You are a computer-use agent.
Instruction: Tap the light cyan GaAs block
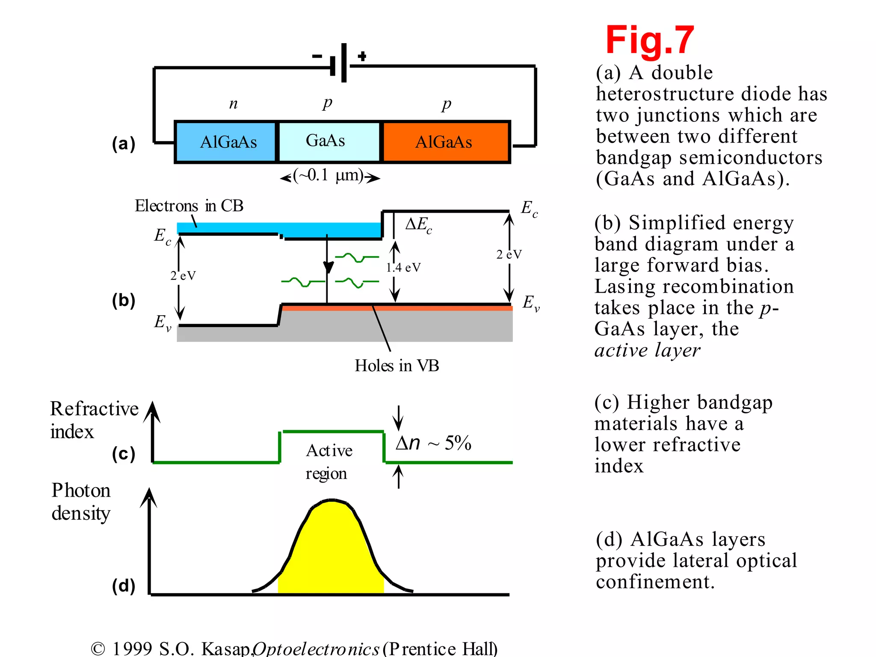click(328, 142)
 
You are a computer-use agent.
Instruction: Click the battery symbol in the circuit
click(339, 63)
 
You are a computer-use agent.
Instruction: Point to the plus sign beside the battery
click(362, 56)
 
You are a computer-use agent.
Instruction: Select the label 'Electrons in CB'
click(189, 206)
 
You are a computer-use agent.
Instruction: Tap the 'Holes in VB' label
click(397, 366)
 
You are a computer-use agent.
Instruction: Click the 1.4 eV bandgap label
click(403, 268)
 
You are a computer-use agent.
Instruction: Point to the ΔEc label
click(418, 225)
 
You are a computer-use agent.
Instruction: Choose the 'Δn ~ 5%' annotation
click(433, 443)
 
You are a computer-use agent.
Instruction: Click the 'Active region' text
click(328, 462)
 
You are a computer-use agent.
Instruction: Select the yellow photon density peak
click(331, 552)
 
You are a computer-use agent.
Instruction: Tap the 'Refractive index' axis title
click(94, 420)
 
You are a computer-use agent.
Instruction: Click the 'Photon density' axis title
click(81, 502)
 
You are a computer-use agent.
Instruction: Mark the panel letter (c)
click(123, 454)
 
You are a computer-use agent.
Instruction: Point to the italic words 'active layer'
click(647, 350)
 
